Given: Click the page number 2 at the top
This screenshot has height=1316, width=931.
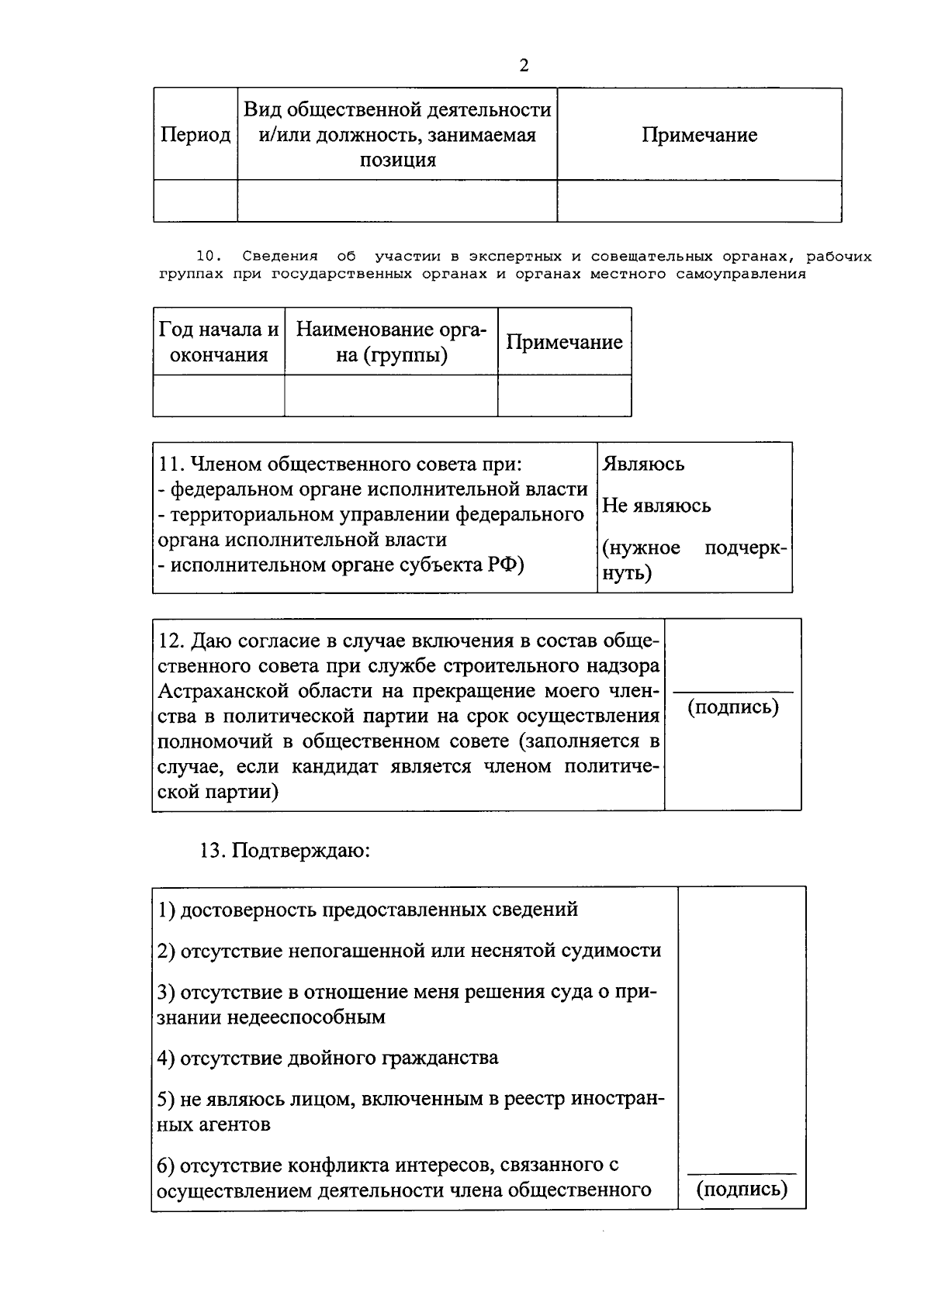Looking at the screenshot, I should (524, 66).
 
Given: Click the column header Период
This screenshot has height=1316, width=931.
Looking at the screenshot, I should (196, 135).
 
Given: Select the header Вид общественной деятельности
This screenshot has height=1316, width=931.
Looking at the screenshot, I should (397, 110).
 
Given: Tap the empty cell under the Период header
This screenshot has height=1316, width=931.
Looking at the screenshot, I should (196, 201).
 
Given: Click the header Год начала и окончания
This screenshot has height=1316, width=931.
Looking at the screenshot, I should (219, 342).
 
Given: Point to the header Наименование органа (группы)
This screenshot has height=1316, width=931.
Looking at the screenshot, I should (391, 342).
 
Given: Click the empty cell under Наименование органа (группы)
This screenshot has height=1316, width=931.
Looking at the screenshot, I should (391, 396).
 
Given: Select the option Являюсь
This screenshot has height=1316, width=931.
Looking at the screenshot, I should (643, 464).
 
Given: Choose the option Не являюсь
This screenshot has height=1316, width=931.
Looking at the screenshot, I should (656, 506).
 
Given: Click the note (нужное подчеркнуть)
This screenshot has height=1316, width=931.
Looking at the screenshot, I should (694, 561).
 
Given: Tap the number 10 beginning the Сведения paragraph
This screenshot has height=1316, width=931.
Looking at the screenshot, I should (208, 257).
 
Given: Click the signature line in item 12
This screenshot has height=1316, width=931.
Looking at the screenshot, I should (732, 690).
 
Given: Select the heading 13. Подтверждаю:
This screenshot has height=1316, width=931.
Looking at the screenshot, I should (286, 851).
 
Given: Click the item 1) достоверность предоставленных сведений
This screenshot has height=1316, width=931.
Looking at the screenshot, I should (368, 910).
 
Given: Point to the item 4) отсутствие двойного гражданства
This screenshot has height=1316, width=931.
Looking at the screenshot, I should (327, 1058).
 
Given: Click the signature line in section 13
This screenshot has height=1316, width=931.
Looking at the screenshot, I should (742, 1173).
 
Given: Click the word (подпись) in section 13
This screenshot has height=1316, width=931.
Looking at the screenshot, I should (742, 1189).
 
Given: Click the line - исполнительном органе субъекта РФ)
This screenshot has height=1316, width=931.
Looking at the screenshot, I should (341, 565).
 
